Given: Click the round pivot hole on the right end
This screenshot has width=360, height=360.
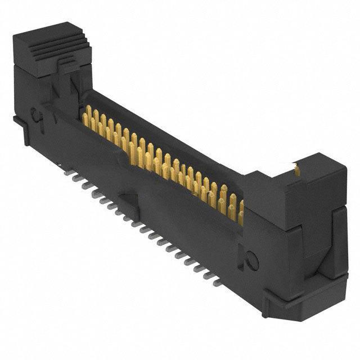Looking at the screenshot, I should [x=252, y=260].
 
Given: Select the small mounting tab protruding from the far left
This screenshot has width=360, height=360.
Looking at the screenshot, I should [x=16, y=119].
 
